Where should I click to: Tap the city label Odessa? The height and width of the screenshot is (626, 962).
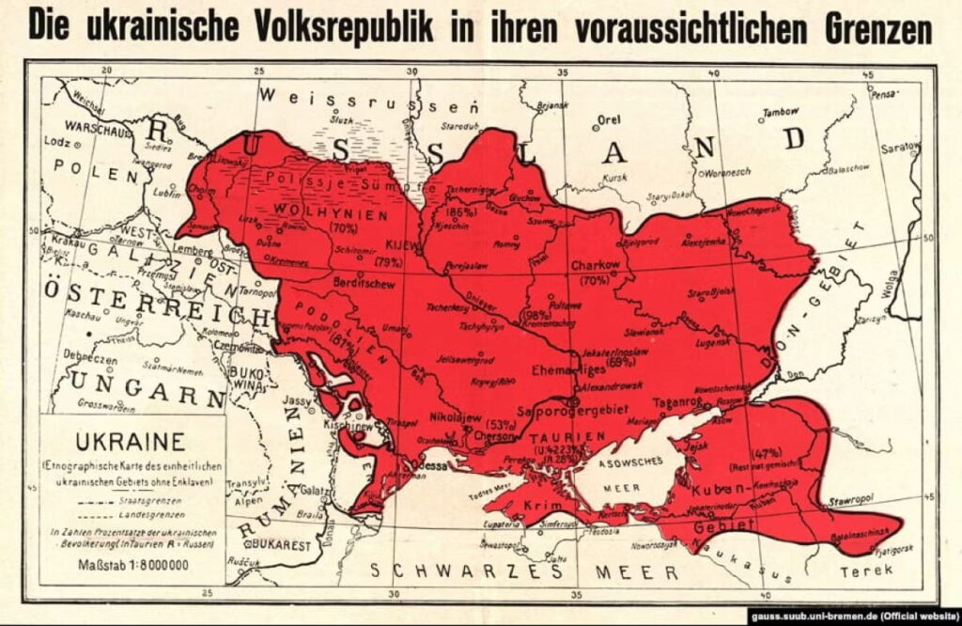pos(424,465)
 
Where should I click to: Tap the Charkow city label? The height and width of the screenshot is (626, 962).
pos(596,265)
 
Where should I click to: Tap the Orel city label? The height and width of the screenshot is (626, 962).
pos(609,121)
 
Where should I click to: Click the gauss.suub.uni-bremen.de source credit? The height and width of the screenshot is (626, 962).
pos(854,616)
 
